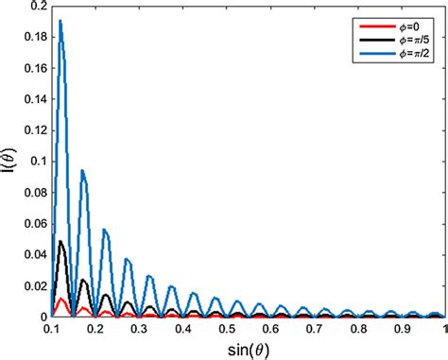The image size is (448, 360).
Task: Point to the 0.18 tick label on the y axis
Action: click(x=32, y=37)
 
